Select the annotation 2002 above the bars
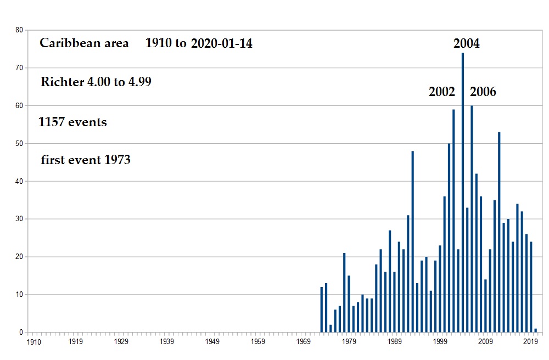tap(441, 92)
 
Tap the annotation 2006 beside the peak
tap(483, 92)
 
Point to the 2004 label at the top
tap(466, 43)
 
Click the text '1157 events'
tap(72, 122)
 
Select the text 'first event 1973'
tap(86, 160)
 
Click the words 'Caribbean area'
tap(84, 43)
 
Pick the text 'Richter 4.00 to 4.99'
tap(96, 82)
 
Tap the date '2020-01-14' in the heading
tap(222, 44)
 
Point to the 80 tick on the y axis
tap(19, 30)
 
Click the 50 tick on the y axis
tap(19, 143)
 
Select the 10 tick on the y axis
tap(19, 295)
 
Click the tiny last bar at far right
tap(535, 330)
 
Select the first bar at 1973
tap(321, 310)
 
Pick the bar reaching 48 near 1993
tap(412, 241)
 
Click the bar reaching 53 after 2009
tap(499, 232)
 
